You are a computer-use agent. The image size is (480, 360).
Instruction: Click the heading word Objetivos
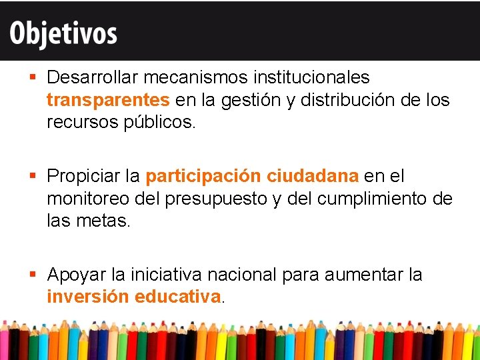pos(63,33)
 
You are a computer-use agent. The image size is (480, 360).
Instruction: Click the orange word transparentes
pos(108,100)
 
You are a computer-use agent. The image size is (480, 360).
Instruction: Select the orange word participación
pos(203,177)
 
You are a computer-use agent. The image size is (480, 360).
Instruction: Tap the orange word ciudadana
pos(313,177)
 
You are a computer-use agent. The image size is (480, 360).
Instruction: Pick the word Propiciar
pos(84,177)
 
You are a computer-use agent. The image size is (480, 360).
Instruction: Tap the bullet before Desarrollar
pos(33,78)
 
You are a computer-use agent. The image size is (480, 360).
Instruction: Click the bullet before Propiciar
pos(33,177)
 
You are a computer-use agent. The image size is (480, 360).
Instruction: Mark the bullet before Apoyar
pos(33,275)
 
